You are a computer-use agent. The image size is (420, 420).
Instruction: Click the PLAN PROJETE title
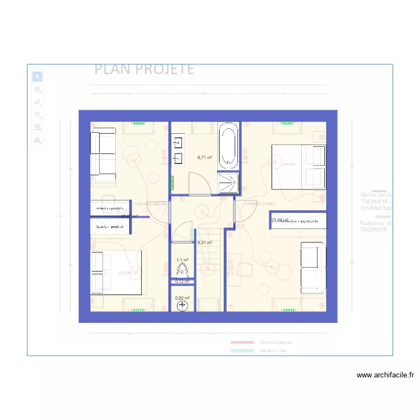pos(144,69)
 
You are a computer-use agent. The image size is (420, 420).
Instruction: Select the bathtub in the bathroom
pos(228,146)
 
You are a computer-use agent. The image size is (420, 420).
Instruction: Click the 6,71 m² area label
pos(205,158)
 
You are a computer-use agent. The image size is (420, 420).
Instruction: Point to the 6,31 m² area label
pos(205,242)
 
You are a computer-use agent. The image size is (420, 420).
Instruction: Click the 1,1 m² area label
pos(183,260)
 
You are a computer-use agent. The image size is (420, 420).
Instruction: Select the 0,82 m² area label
pos(182,298)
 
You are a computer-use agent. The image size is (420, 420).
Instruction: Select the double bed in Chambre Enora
pos(298,166)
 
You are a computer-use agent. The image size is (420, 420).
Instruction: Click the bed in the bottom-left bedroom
pos(116,273)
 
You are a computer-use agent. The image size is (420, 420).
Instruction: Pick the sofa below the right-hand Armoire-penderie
pos(312,268)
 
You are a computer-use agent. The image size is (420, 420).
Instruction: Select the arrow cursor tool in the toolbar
pos(38,77)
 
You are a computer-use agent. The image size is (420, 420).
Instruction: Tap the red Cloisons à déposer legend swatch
pos(242,342)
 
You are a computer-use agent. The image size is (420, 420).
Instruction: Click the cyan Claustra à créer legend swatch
pos(242,351)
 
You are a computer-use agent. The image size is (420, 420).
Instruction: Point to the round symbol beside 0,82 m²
pos(183,306)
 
